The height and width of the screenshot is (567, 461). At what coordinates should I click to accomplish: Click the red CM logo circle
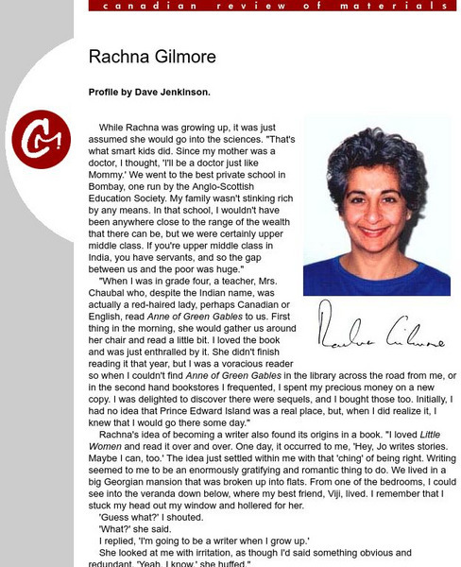click(x=42, y=135)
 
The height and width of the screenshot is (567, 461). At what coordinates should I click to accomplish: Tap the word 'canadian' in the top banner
click(x=132, y=6)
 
